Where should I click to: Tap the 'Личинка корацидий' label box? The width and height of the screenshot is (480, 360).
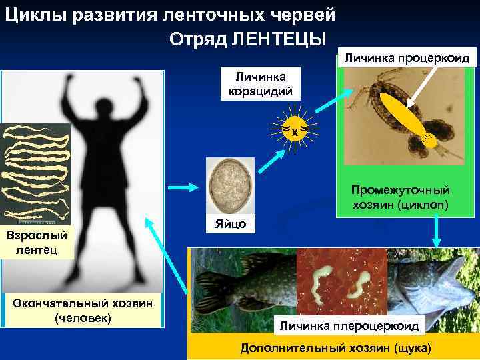tap(256, 83)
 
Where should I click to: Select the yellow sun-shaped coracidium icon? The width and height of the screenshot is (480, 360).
tap(293, 127)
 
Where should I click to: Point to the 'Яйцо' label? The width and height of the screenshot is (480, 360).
tap(230, 224)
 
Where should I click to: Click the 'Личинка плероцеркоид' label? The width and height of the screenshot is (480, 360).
tap(349, 325)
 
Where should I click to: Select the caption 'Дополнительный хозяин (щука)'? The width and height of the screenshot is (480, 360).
tap(336, 348)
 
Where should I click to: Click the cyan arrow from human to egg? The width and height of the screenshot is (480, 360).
tap(182, 187)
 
